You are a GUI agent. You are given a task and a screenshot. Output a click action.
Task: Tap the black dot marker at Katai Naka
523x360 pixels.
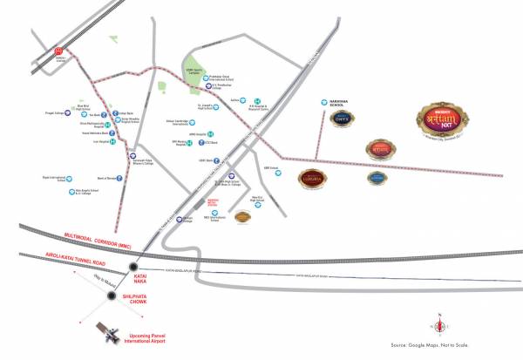(132, 267)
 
